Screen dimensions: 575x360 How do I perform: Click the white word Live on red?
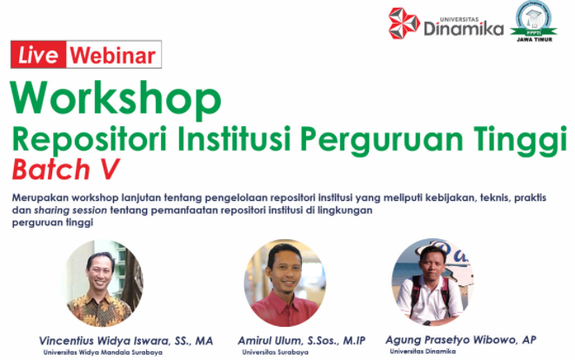coord(38,55)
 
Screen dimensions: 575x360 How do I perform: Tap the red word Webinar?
coord(113,56)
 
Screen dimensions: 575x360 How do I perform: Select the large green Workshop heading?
coord(116,99)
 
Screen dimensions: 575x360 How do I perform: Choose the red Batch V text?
coord(65,170)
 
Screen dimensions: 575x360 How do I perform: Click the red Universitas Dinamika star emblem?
coord(404,23)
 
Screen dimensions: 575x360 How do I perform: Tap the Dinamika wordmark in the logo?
coord(464,29)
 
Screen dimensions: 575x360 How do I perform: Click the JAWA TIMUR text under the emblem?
coord(534,39)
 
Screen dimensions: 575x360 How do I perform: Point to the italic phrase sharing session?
coord(70,210)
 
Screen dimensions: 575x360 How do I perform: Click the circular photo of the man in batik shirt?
coord(104,283)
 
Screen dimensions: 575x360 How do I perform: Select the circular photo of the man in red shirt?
coord(285,283)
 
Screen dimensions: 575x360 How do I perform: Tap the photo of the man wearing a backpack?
coord(432,283)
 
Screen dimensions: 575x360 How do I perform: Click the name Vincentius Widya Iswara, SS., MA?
coord(126,341)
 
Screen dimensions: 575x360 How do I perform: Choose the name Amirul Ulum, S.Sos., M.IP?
coord(302,341)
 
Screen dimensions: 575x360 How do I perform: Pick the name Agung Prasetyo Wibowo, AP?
coord(460,340)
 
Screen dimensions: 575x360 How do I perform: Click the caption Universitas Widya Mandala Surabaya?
coord(103,353)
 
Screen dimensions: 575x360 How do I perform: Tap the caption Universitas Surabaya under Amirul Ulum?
coord(275,352)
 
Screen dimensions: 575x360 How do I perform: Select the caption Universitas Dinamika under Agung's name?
coord(423,351)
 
